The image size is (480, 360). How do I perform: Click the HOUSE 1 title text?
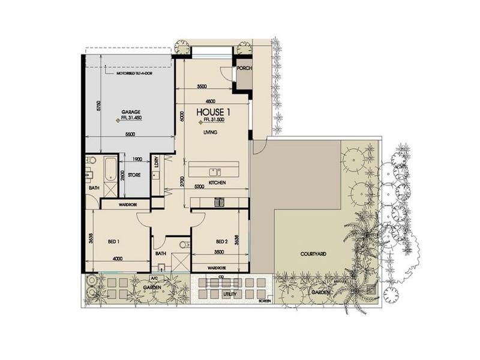212,112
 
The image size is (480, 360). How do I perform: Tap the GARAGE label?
131,112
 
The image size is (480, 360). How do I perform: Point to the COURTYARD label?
313,254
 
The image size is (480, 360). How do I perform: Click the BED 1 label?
114,241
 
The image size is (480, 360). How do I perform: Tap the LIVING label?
209,132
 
